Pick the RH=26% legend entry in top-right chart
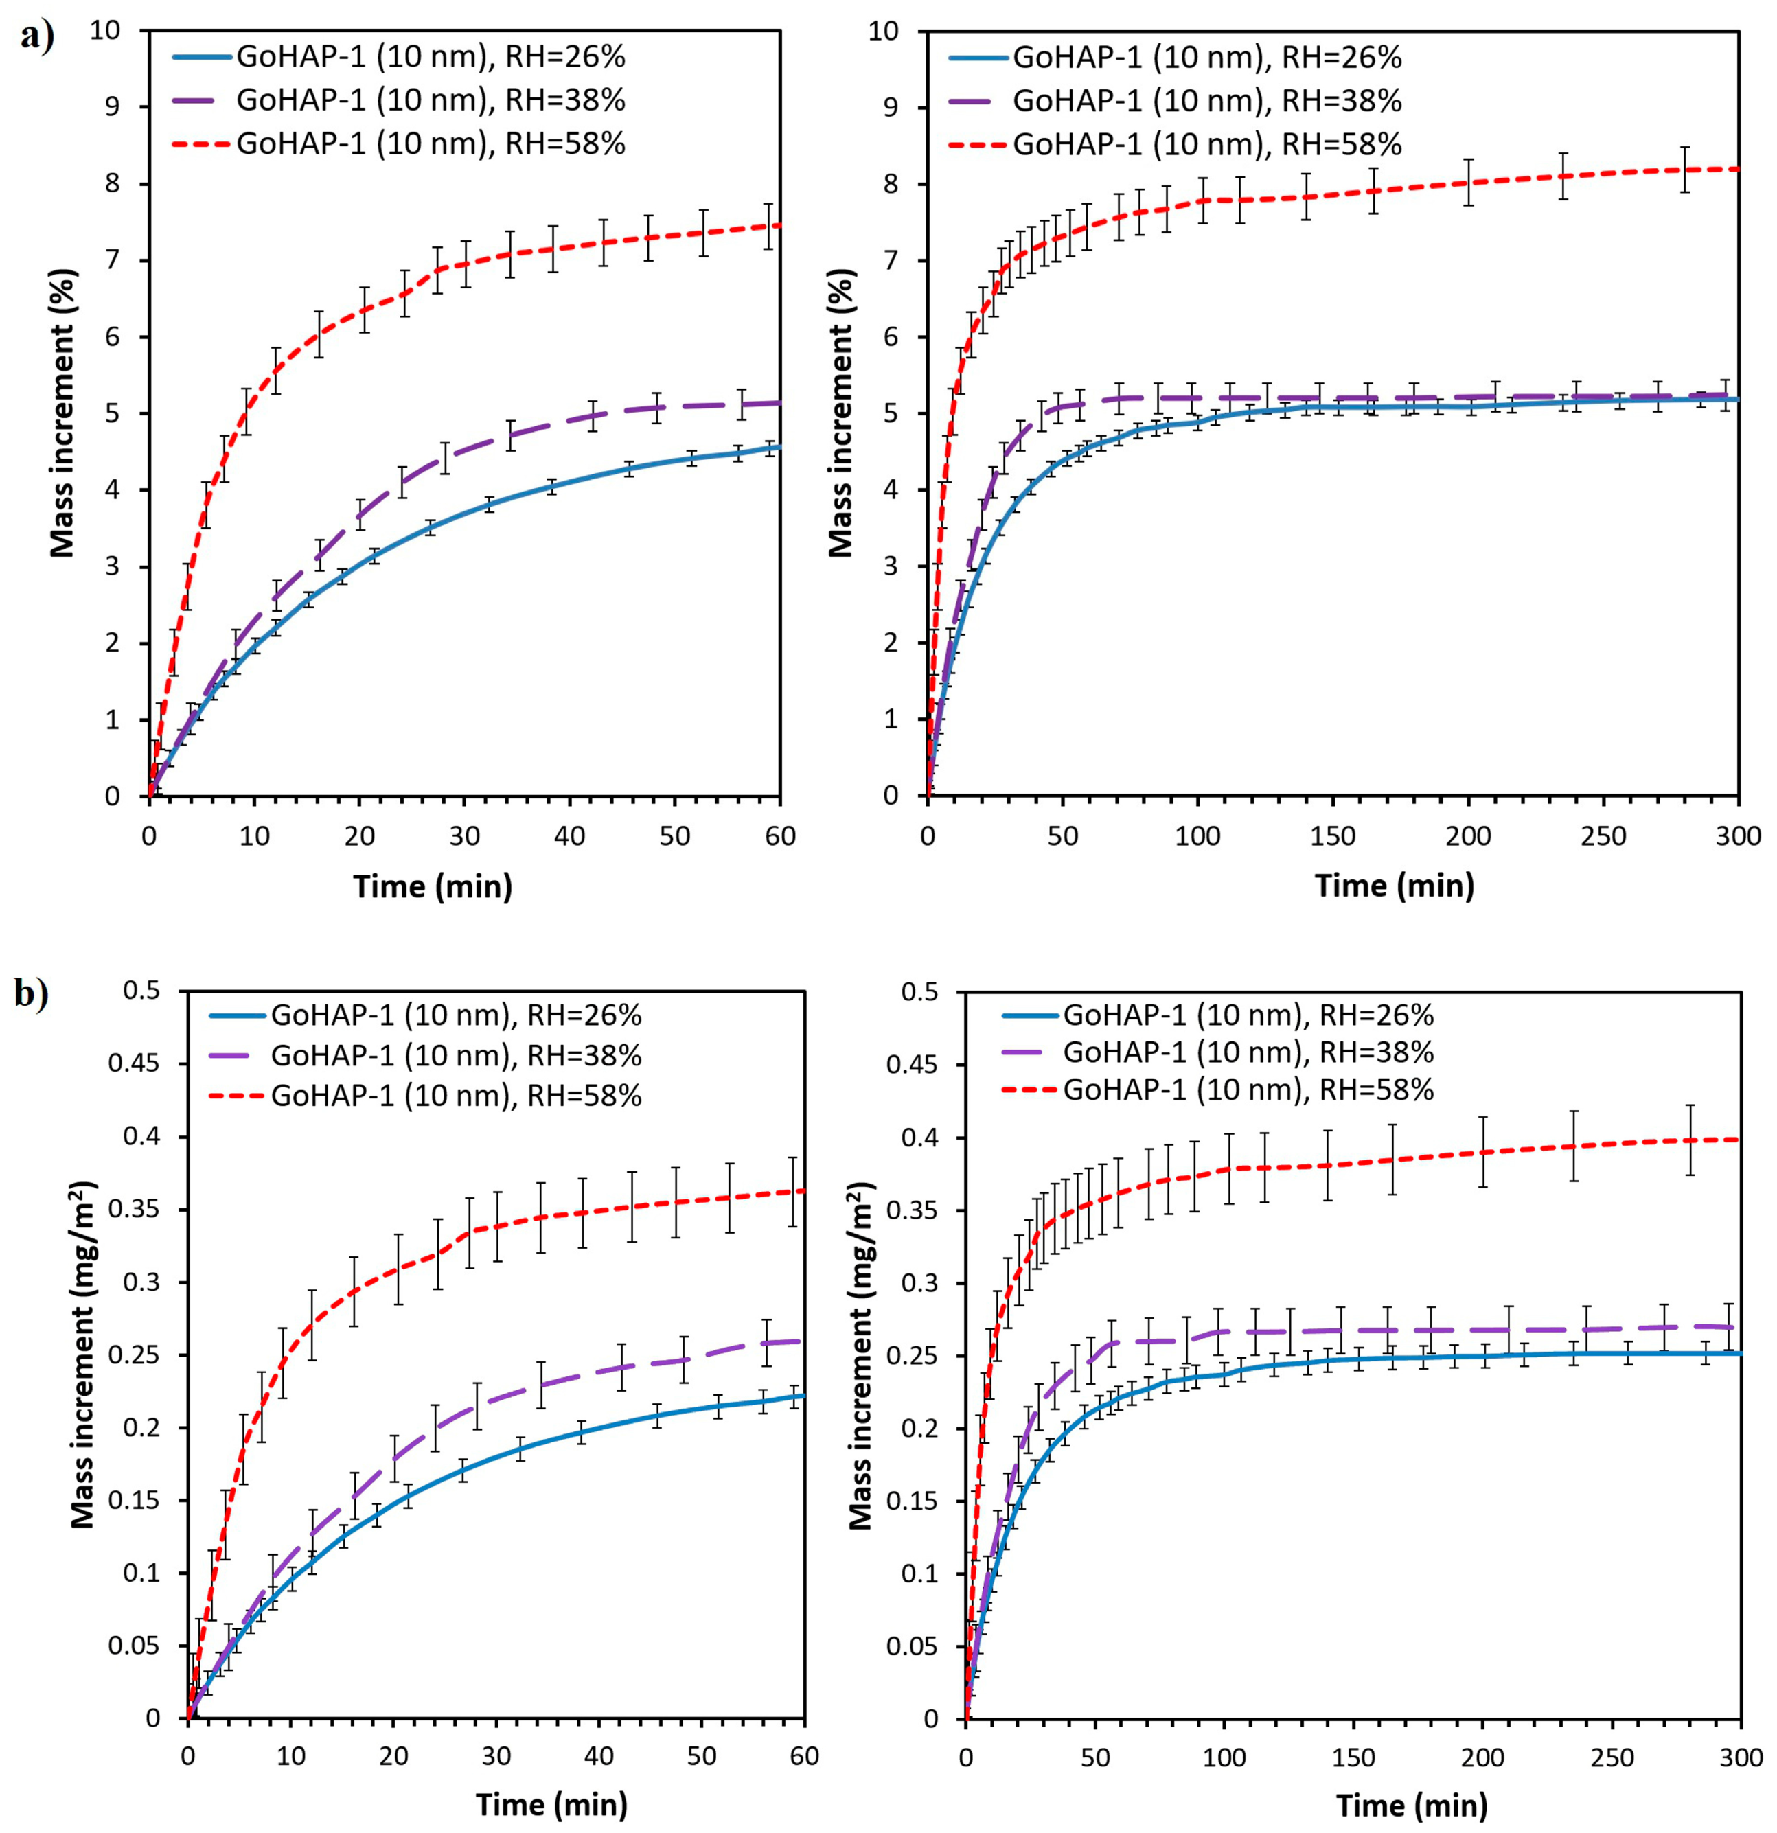click(1206, 58)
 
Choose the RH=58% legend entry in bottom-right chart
click(1248, 1090)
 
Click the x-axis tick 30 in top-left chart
click(465, 835)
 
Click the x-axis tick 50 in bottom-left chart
click(702, 1757)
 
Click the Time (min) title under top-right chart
click(1395, 885)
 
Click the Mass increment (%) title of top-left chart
click(62, 413)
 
